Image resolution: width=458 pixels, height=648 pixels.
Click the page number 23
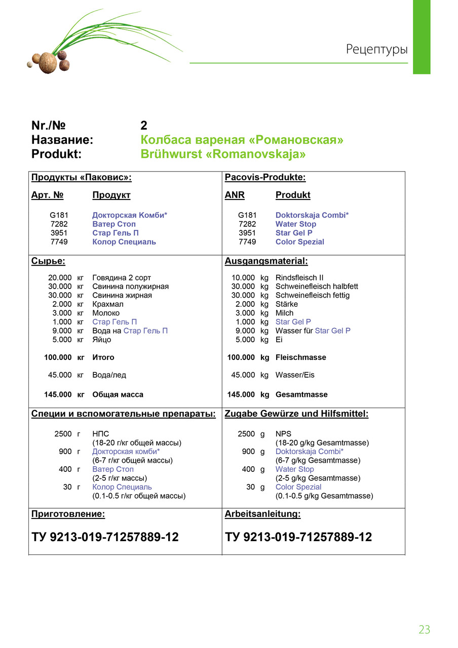424,629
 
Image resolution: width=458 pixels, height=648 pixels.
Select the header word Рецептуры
376,50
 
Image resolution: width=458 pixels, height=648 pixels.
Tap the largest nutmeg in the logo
48,63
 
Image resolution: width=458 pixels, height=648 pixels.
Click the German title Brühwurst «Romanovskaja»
223,154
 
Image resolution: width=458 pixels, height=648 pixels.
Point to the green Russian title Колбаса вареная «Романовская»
242,140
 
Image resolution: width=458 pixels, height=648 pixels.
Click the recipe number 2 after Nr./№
144,126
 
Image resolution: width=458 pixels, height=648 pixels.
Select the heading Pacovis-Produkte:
265,177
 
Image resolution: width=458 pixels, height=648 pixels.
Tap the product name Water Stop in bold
295,224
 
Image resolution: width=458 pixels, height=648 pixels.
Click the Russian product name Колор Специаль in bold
124,241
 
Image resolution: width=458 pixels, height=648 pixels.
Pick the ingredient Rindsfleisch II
299,277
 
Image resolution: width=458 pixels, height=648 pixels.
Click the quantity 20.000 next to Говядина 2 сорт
60,277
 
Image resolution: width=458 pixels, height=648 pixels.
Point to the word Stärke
286,304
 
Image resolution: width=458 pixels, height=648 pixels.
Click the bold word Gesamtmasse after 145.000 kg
301,394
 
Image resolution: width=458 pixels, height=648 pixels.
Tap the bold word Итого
103,357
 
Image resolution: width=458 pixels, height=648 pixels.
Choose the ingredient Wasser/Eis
295,375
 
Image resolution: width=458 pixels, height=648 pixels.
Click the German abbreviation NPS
284,434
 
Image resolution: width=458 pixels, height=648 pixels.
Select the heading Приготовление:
68,514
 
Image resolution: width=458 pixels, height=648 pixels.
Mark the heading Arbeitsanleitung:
262,514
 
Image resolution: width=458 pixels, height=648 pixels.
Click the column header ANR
235,195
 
